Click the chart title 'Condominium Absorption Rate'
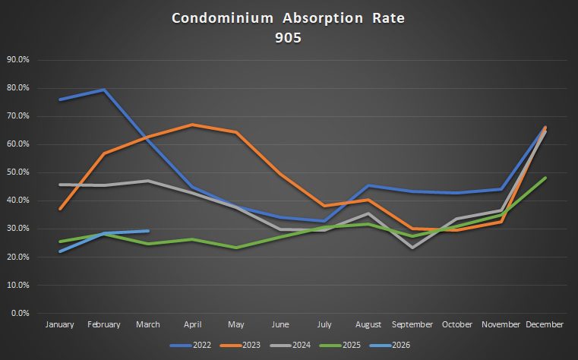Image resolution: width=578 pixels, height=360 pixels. coord(288,17)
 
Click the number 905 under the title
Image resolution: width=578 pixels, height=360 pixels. coord(288,38)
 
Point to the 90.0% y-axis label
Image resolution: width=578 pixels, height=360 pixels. coord(18,59)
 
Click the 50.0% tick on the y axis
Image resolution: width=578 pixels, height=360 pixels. coord(18,172)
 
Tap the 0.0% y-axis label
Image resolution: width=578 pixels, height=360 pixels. coord(20,313)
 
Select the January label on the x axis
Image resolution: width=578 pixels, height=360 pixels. coord(60,324)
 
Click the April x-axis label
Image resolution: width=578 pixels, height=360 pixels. coord(192,324)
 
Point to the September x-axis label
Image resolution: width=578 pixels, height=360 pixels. coord(412,324)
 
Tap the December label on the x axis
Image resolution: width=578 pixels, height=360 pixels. coord(545,324)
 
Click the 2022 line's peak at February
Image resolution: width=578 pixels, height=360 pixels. coord(104,90)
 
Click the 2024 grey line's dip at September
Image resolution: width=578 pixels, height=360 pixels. coord(412,248)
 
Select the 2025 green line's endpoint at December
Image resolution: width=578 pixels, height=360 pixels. coord(545,178)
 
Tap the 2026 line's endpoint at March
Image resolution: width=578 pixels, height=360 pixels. coord(148,231)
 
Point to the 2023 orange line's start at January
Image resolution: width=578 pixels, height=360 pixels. coord(60,208)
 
